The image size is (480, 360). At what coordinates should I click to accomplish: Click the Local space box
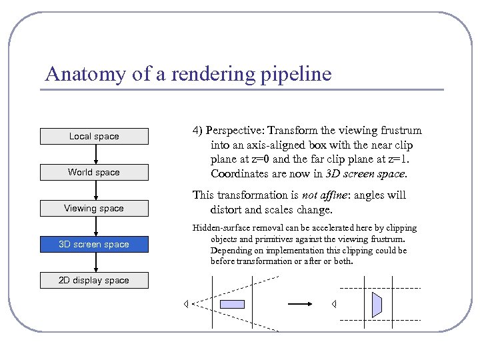[94, 136]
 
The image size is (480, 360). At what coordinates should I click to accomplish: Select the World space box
[94, 172]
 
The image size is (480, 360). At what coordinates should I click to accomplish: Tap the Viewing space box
[94, 208]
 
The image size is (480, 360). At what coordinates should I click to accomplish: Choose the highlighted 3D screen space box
[94, 244]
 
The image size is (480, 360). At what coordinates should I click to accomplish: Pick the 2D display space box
[94, 280]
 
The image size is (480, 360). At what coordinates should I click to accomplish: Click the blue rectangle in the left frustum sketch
[232, 304]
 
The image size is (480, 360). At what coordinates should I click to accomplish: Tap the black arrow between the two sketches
[300, 304]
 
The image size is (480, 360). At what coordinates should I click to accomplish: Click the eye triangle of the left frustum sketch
[187, 304]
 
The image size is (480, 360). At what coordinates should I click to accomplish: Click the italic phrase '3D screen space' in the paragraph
[364, 173]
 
